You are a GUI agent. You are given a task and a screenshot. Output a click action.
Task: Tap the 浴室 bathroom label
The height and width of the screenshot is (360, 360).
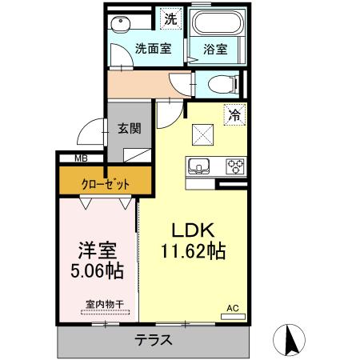[214, 48]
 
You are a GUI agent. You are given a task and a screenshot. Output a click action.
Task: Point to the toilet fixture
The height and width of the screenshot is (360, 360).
[221, 82]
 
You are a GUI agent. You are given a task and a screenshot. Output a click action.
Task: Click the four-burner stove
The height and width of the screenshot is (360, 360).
[235, 166]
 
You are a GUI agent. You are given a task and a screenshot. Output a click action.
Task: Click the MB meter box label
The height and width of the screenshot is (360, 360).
[82, 159]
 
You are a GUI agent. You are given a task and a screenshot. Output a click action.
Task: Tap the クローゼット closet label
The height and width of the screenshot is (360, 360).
[105, 184]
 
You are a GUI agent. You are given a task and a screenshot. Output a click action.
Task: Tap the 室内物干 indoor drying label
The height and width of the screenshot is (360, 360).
[105, 304]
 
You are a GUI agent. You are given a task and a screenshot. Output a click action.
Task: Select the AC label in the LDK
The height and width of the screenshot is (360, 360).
[233, 308]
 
